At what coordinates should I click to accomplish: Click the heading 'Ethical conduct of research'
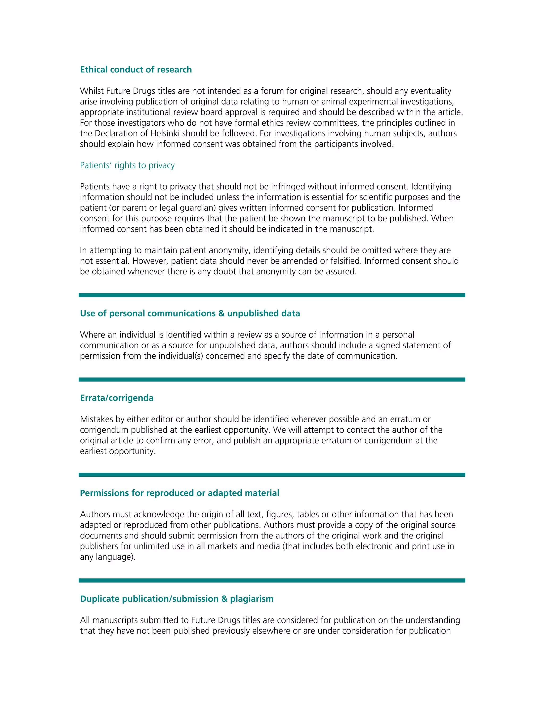pyautogui.click(x=136, y=70)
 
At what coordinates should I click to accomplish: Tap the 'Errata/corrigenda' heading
pyautogui.click(x=117, y=398)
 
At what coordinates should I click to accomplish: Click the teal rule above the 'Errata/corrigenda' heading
pyautogui.click(x=272, y=380)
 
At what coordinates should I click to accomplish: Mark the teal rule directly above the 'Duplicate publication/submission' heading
pyautogui.click(x=272, y=580)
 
